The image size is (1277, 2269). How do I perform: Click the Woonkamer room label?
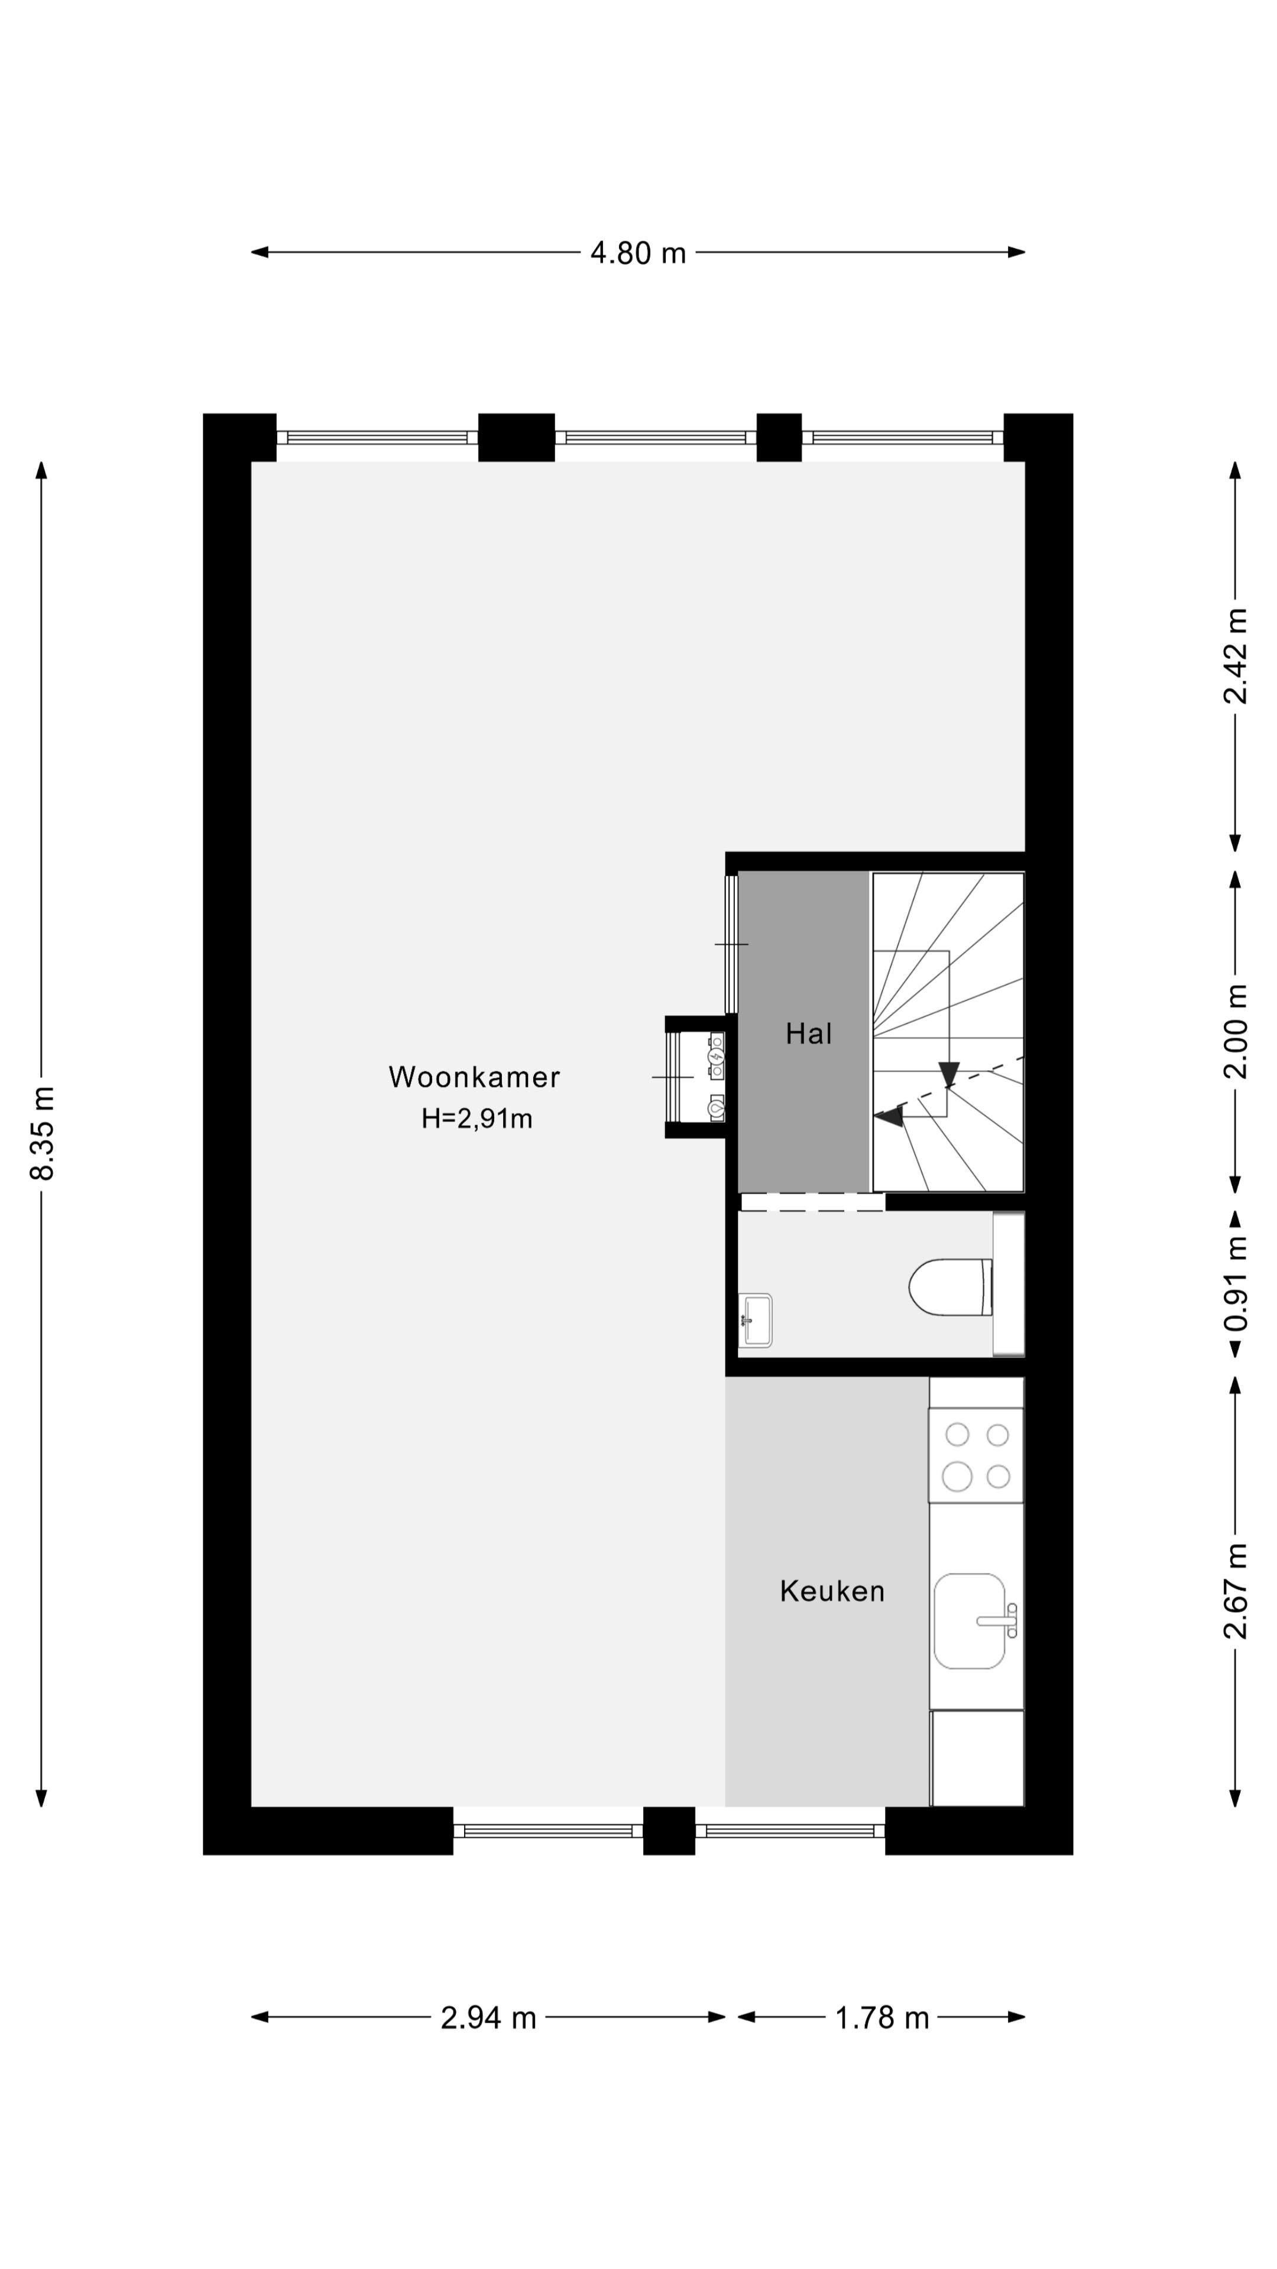[x=474, y=1077]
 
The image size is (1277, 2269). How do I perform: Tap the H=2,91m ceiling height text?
[x=477, y=1119]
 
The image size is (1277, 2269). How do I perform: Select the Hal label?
[x=808, y=1033]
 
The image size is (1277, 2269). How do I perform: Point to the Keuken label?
[x=832, y=1591]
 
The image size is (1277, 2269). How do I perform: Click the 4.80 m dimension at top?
[x=638, y=253]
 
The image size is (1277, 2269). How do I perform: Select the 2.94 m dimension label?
[x=488, y=2017]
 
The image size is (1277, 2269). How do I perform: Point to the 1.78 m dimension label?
[x=881, y=2017]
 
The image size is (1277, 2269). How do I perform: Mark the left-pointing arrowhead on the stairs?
[x=889, y=1117]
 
